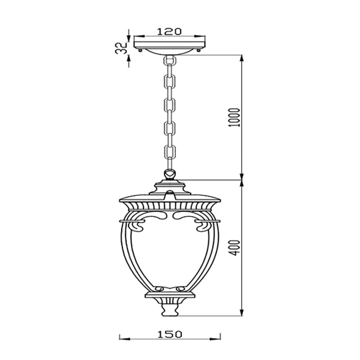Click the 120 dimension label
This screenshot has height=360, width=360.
click(x=169, y=31)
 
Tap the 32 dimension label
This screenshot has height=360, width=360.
click(x=121, y=48)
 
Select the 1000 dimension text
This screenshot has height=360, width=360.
click(x=234, y=117)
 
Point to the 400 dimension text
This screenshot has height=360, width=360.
click(x=234, y=248)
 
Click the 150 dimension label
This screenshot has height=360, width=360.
click(x=170, y=334)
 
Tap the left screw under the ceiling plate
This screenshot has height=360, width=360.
click(x=140, y=50)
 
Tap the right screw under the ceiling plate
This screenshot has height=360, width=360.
click(x=199, y=50)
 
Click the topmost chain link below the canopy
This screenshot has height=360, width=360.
click(x=170, y=60)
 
